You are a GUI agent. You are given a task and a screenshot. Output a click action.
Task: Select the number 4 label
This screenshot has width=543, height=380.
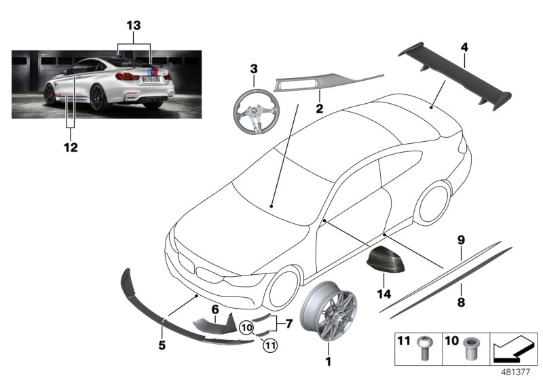[464, 47]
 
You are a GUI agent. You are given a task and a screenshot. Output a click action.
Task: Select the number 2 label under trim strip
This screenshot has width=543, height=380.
[318, 107]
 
